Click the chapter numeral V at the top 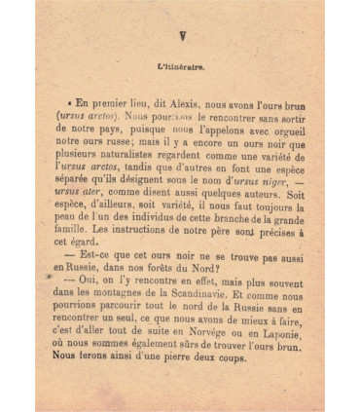pyautogui.click(x=181, y=37)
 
